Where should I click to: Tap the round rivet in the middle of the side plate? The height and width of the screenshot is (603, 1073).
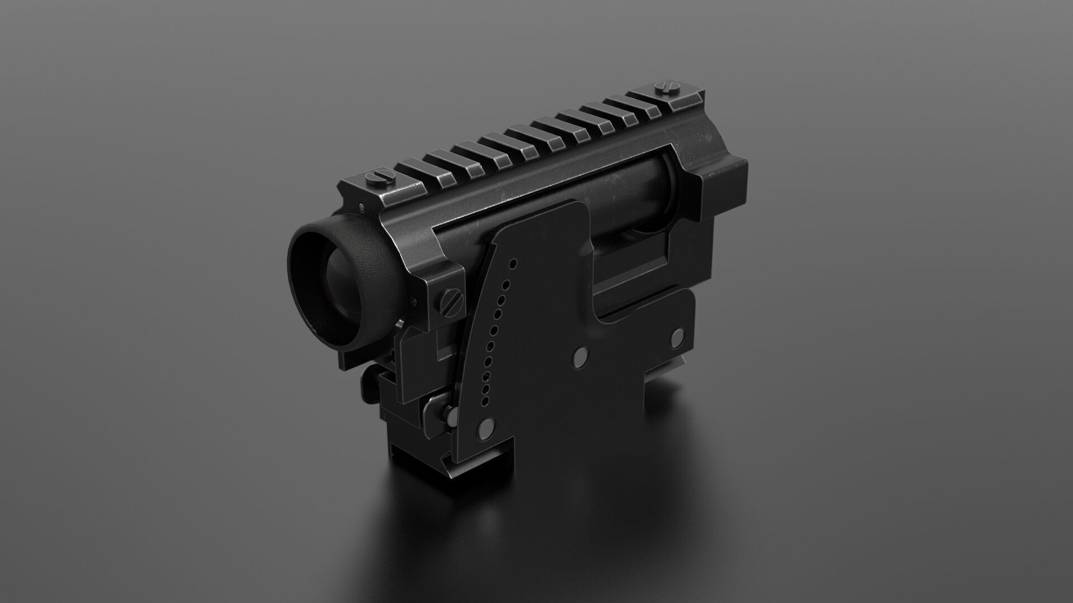[582, 354]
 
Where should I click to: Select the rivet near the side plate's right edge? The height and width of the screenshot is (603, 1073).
[678, 336]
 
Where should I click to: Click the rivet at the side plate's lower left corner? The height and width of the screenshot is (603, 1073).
[485, 429]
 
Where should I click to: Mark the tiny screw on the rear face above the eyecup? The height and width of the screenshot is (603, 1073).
[362, 208]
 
